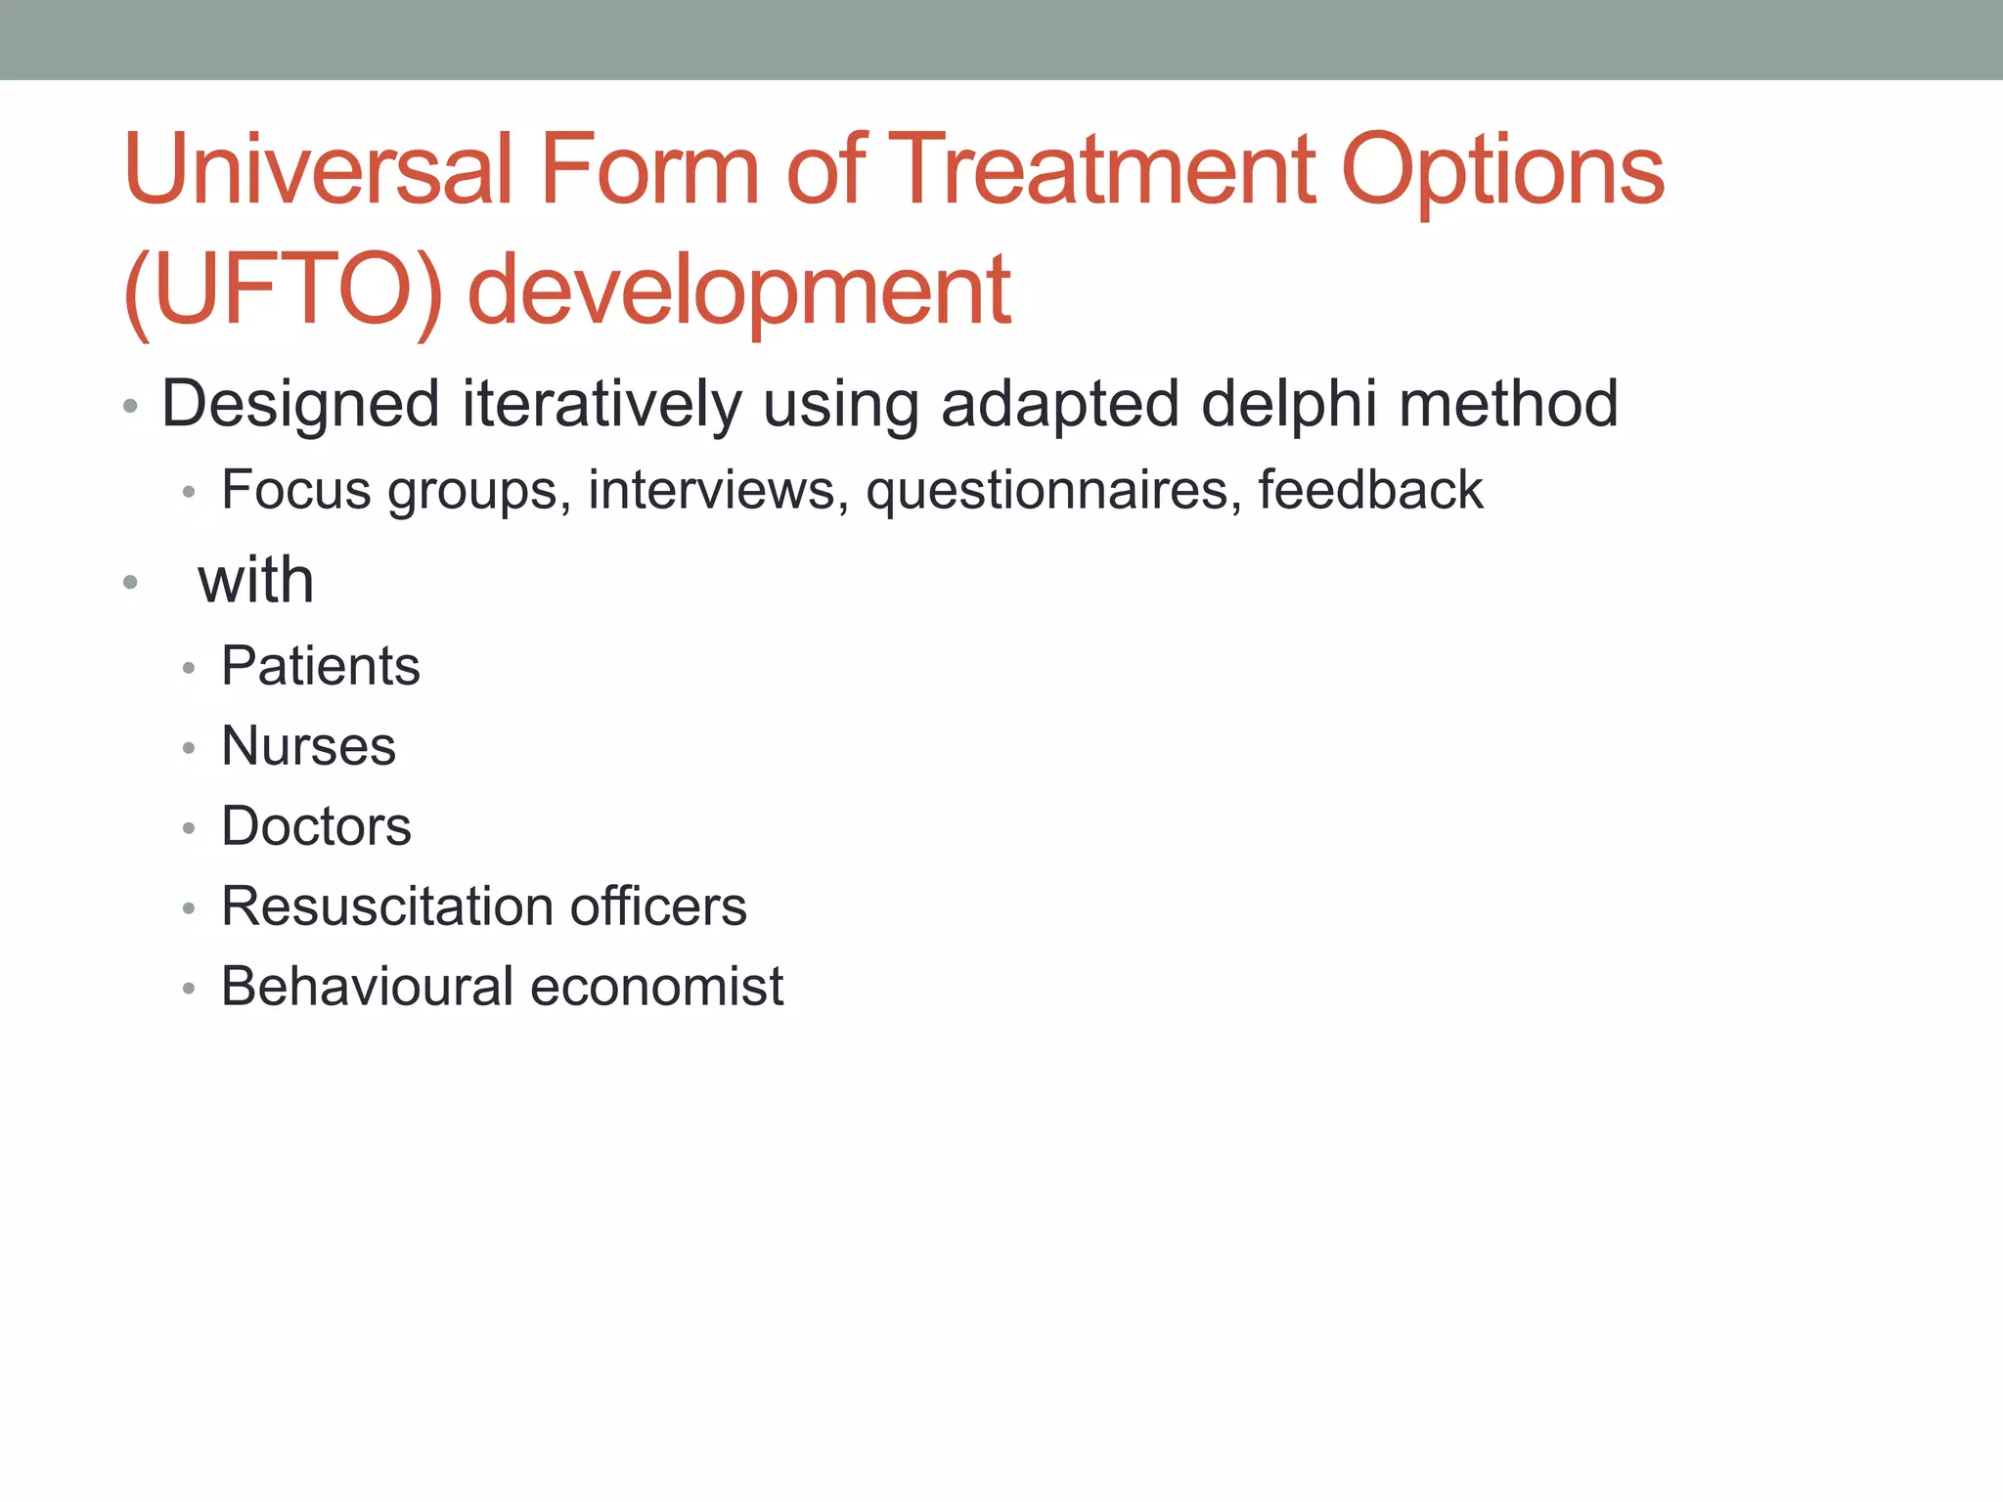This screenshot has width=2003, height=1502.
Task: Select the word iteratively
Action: pyautogui.click(x=601, y=405)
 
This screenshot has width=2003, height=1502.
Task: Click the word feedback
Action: pyautogui.click(x=1370, y=489)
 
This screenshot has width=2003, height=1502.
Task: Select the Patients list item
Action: pyautogui.click(x=321, y=666)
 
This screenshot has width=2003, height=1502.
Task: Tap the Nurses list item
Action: pyautogui.click(x=308, y=746)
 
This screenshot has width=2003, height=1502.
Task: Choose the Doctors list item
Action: pyautogui.click(x=316, y=826)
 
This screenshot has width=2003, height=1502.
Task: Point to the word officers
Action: pyautogui.click(x=658, y=906)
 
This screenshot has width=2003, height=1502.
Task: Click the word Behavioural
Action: pyautogui.click(x=367, y=986)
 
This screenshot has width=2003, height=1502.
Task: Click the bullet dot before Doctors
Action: pyautogui.click(x=189, y=828)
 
